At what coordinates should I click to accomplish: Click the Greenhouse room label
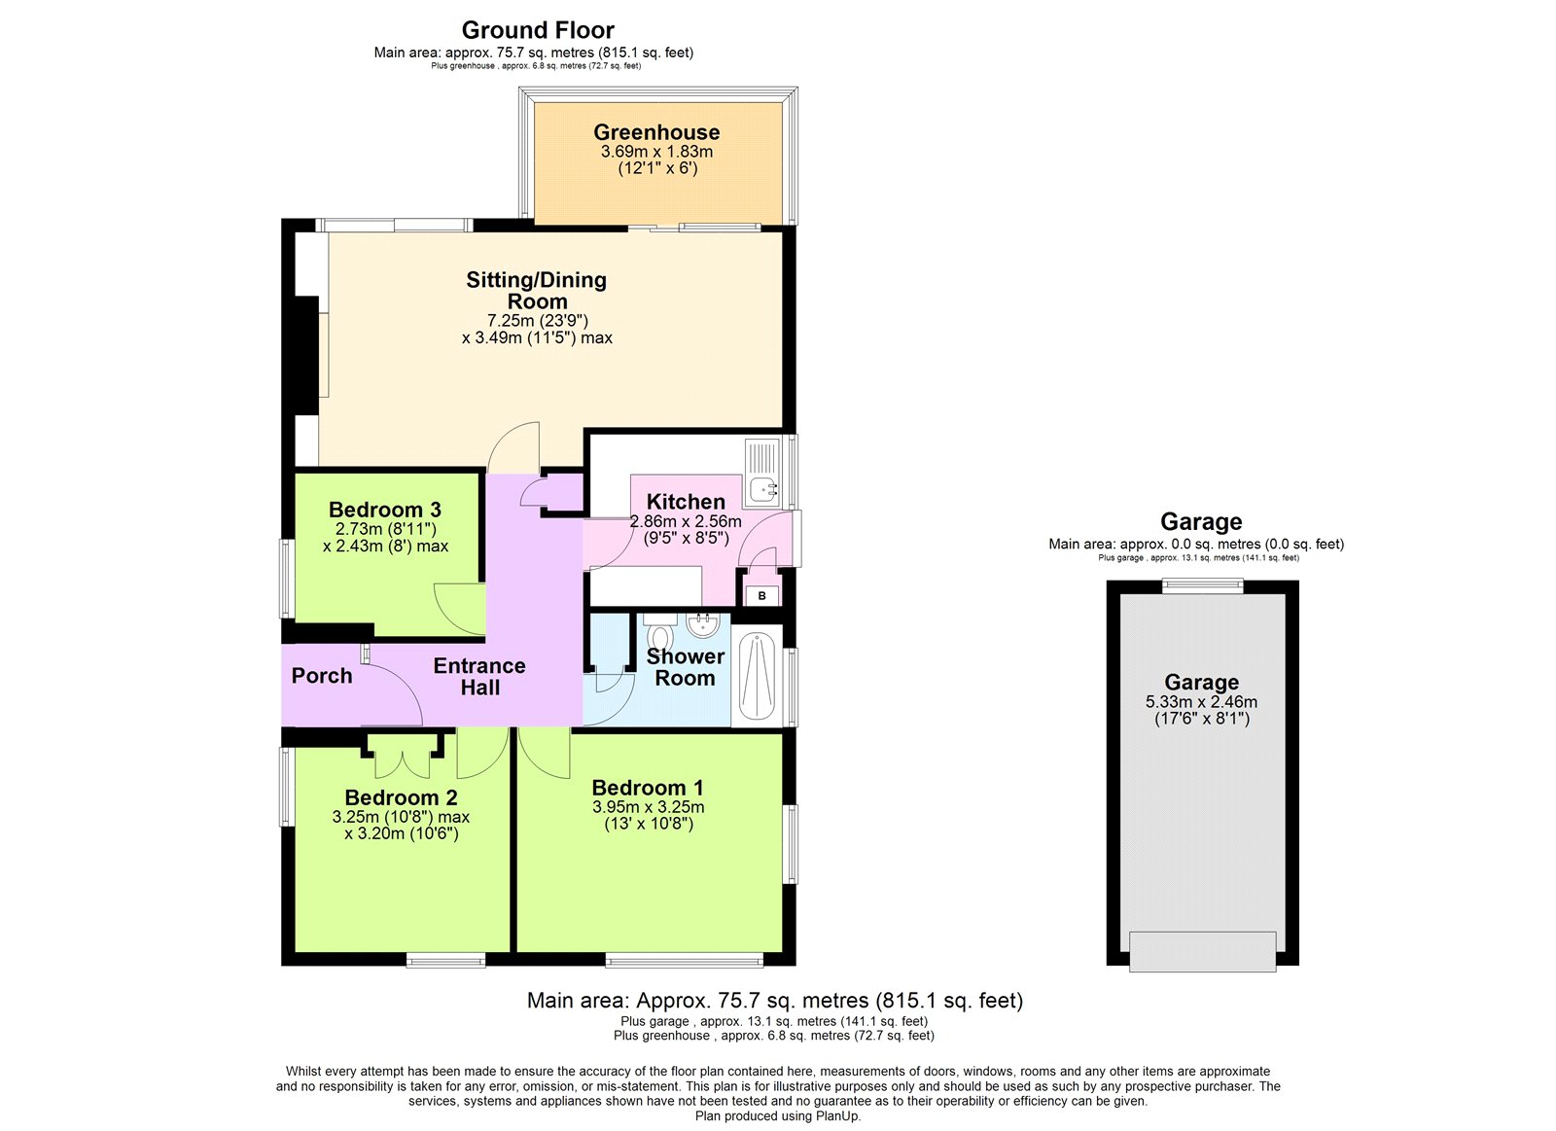pos(656,132)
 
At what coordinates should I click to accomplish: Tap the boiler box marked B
pos(761,595)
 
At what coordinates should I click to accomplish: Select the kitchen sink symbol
pos(761,473)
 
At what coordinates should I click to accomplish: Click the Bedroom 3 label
pos(385,510)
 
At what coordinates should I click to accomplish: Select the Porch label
pos(321,675)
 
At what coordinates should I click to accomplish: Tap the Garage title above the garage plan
pos(1201,522)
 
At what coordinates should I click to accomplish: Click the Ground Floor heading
pos(538,30)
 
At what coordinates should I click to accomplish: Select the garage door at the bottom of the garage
pos(1202,950)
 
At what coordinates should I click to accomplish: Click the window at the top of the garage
pos(1203,585)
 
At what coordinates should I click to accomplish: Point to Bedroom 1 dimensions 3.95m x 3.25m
pos(648,807)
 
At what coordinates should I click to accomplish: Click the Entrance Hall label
pos(479,676)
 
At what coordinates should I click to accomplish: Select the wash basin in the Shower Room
pos(702,623)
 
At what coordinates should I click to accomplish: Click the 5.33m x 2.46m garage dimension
pos(1201,702)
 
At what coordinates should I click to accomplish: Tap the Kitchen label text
pos(686,502)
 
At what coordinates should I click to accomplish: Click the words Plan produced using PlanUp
pos(778,1116)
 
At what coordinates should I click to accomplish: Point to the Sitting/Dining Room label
pos(537,291)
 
